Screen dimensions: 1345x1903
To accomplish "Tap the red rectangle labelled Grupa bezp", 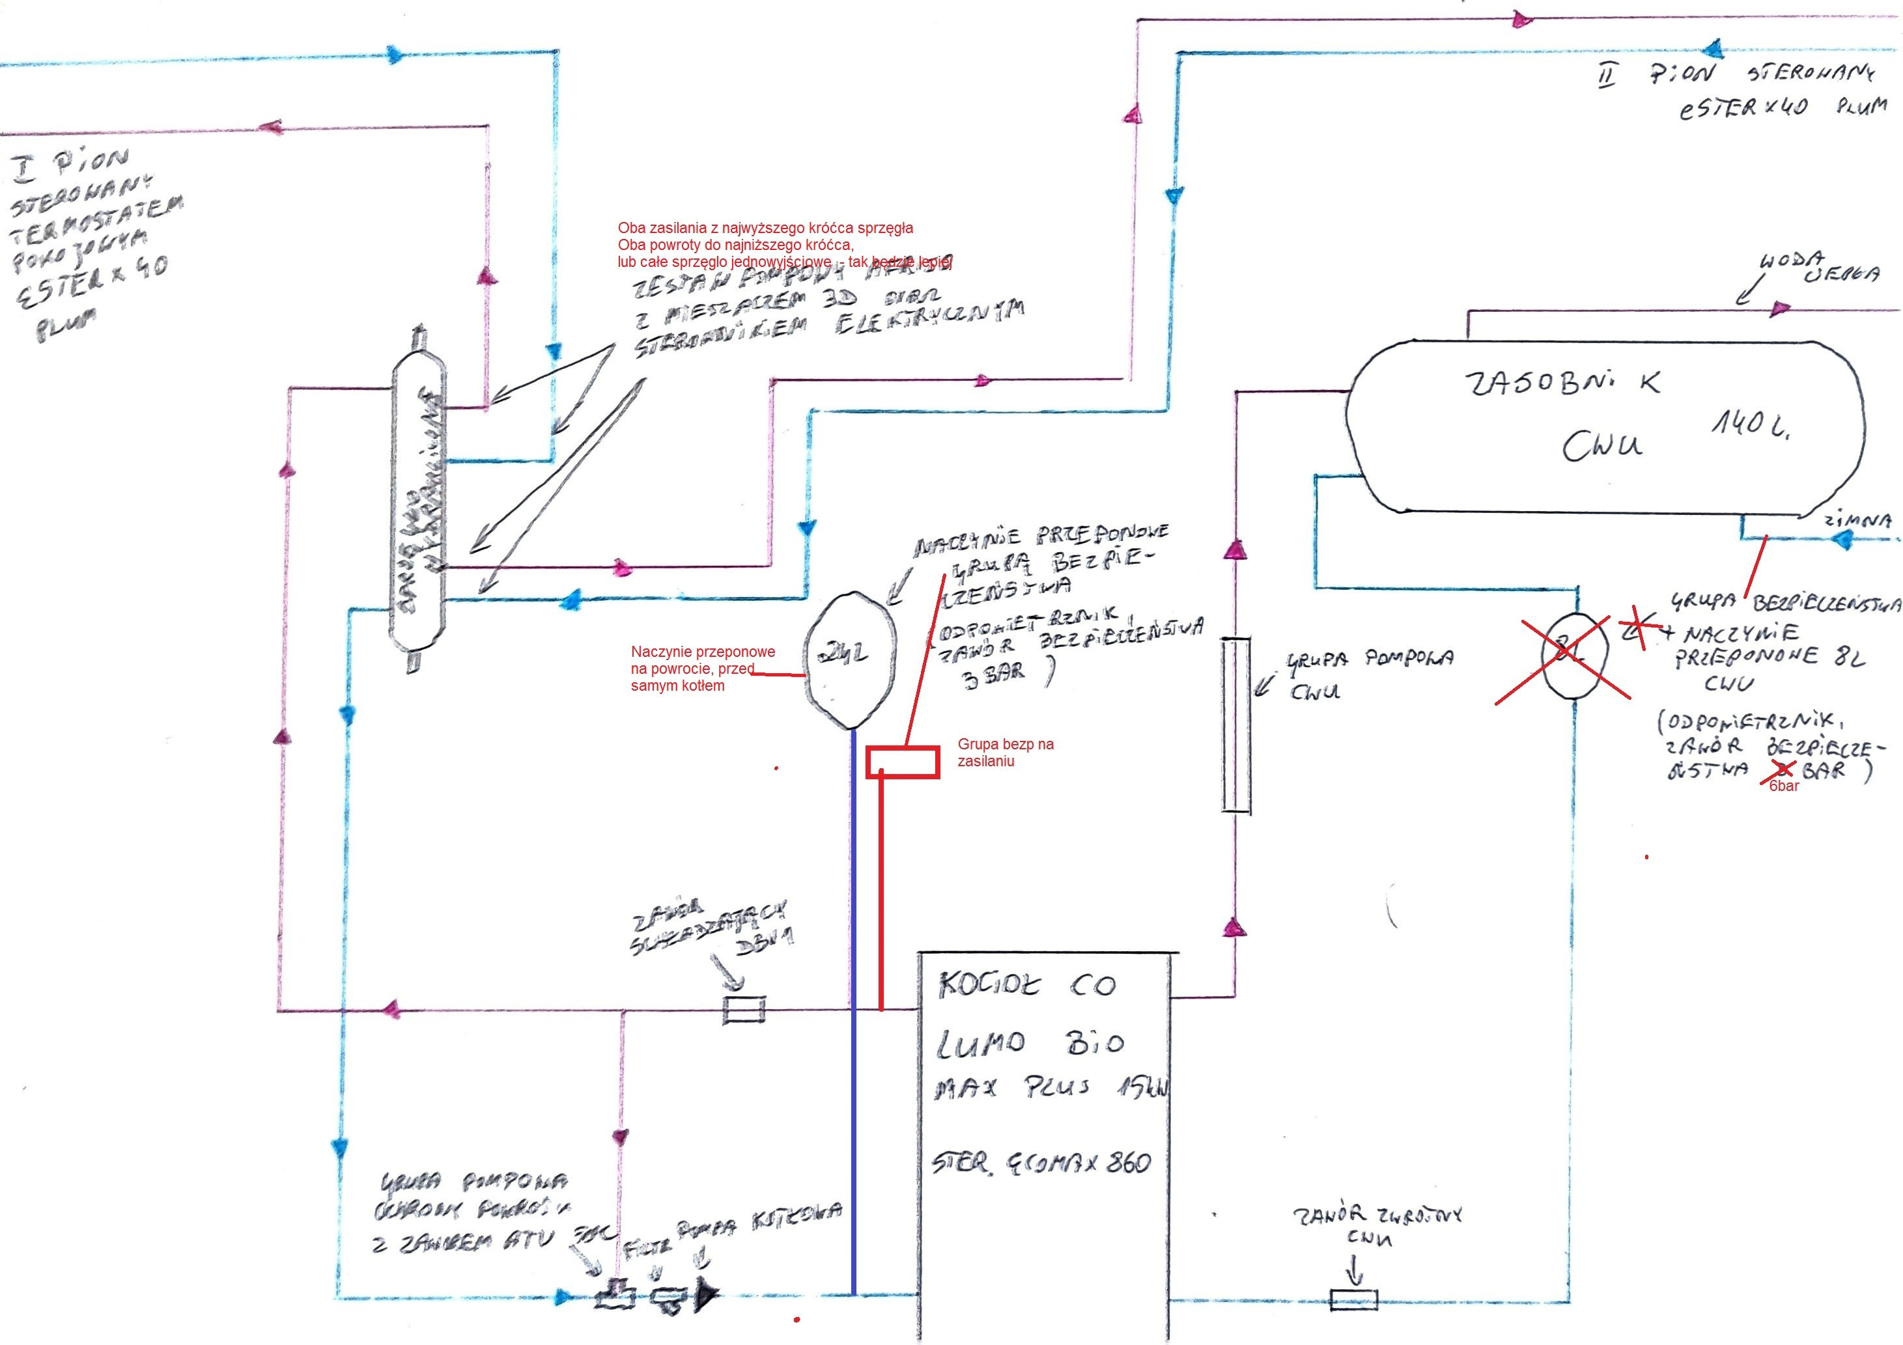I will click(903, 762).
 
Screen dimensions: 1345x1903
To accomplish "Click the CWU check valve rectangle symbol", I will click(1353, 1299).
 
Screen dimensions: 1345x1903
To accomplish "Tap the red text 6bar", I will click(1784, 786).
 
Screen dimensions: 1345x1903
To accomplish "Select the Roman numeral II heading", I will click(1606, 77).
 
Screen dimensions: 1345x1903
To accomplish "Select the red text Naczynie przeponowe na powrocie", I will click(702, 668).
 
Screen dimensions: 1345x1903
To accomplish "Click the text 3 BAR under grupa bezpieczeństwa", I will click(993, 674).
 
